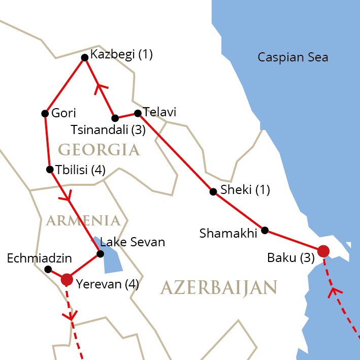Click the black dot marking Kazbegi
click(85, 57)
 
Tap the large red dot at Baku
click(323, 251)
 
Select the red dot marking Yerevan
click(67, 279)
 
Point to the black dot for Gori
click(45, 113)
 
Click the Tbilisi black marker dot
click(50, 169)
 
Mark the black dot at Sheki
click(213, 191)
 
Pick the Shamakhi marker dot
click(265, 230)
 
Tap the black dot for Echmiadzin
click(48, 269)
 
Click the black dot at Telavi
click(137, 113)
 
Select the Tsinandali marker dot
click(115, 118)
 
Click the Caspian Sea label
click(292, 57)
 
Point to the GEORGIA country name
click(99, 150)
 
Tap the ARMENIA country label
click(83, 220)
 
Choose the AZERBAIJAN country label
click(219, 288)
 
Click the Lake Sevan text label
click(133, 242)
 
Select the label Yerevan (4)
click(107, 284)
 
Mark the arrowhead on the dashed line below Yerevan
click(70, 316)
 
